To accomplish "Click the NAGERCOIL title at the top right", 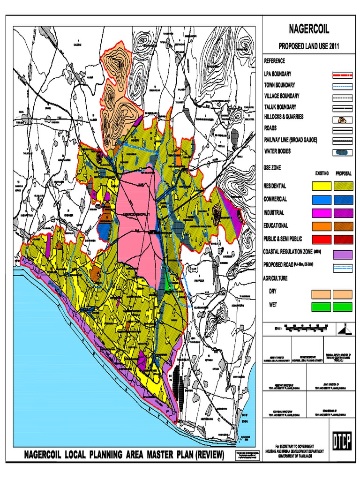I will [308, 30].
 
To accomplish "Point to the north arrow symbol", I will [346, 330].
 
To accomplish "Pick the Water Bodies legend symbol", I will [342, 152].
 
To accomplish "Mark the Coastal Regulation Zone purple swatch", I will [342, 255].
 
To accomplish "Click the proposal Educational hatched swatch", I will [343, 226].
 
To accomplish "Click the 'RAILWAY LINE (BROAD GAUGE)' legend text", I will [290, 139].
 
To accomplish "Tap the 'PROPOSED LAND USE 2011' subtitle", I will [308, 47].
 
